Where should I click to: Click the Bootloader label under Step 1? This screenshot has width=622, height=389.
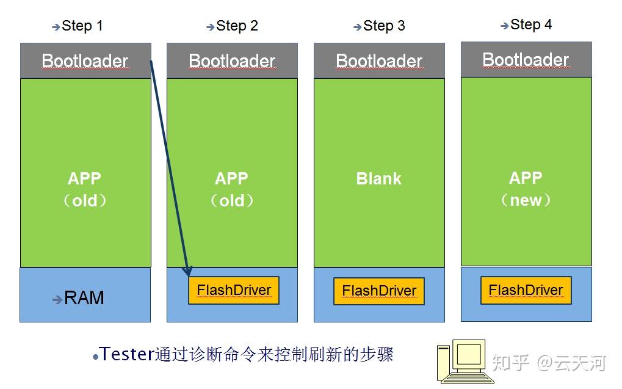pos(85,61)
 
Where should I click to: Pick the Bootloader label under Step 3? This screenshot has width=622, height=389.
pos(379,61)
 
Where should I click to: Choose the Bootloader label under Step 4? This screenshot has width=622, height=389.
pos(526,59)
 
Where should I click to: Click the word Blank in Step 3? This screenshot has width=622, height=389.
pos(379,179)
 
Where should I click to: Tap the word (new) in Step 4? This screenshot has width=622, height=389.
pos(526,200)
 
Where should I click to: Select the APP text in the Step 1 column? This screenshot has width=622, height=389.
pos(85,179)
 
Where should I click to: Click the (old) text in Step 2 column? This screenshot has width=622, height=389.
pos(232,200)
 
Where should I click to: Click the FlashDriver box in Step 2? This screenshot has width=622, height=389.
pos(234,290)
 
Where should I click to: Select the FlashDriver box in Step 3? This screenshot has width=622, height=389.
pos(379,291)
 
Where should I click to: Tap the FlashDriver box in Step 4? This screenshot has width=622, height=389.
pos(526,289)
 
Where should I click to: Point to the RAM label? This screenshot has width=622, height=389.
pos(84,298)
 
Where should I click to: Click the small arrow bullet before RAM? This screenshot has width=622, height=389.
pos(57,299)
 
